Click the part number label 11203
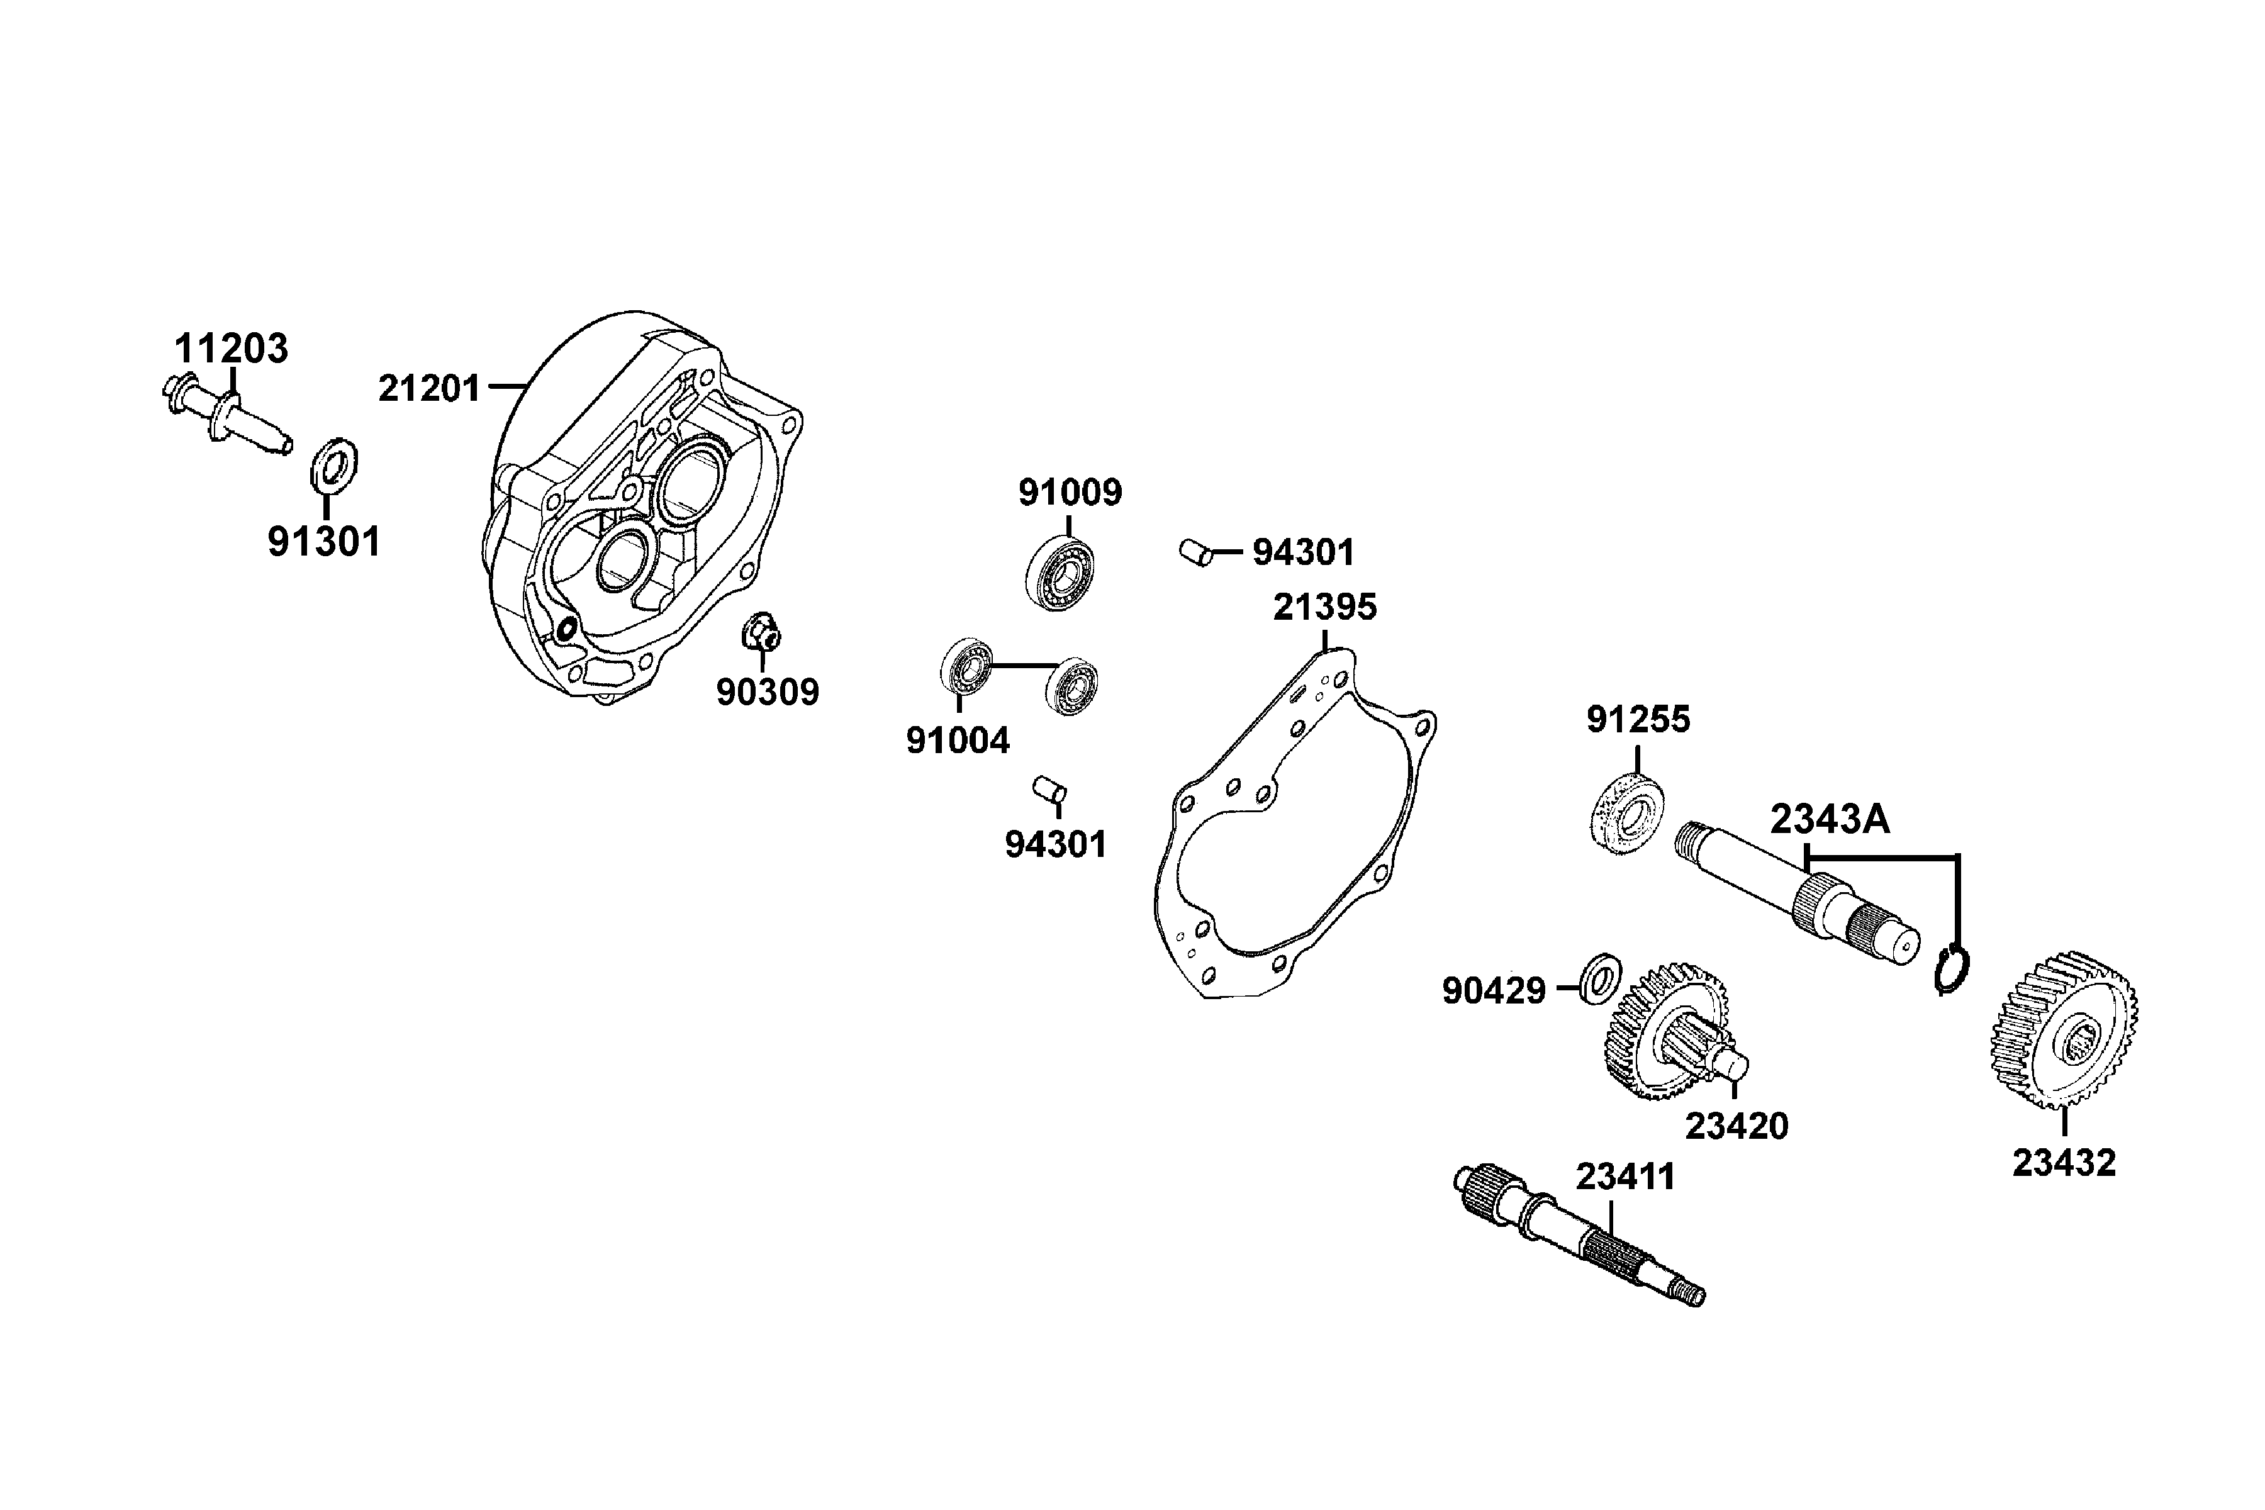[x=231, y=349]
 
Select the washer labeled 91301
[x=333, y=464]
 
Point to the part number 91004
[x=958, y=741]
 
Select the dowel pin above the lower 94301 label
[x=1049, y=789]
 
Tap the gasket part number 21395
[x=1325, y=608]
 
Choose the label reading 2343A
[x=1830, y=820]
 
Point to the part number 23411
[x=1626, y=1177]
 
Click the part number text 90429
[x=1494, y=991]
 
